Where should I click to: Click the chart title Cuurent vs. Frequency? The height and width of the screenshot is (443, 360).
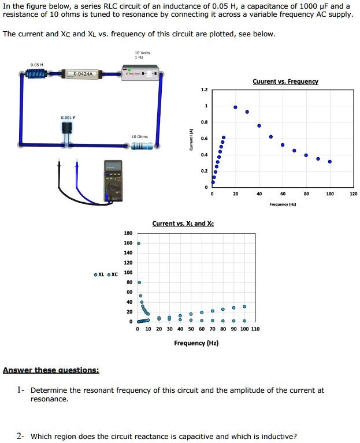pyautogui.click(x=277, y=82)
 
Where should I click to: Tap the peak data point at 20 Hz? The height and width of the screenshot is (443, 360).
pyautogui.click(x=235, y=107)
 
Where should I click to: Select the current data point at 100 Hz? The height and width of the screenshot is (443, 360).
pyautogui.click(x=330, y=162)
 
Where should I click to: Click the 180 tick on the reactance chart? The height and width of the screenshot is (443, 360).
pyautogui.click(x=128, y=233)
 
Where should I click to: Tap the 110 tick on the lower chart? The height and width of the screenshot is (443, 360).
pyautogui.click(x=255, y=329)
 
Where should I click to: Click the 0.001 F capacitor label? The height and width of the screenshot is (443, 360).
pyautogui.click(x=69, y=117)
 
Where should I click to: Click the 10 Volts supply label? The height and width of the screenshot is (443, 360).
pyautogui.click(x=139, y=53)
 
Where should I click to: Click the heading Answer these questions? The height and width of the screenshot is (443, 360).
pyautogui.click(x=51, y=370)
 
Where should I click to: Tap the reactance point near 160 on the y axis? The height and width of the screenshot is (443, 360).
pyautogui.click(x=139, y=244)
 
